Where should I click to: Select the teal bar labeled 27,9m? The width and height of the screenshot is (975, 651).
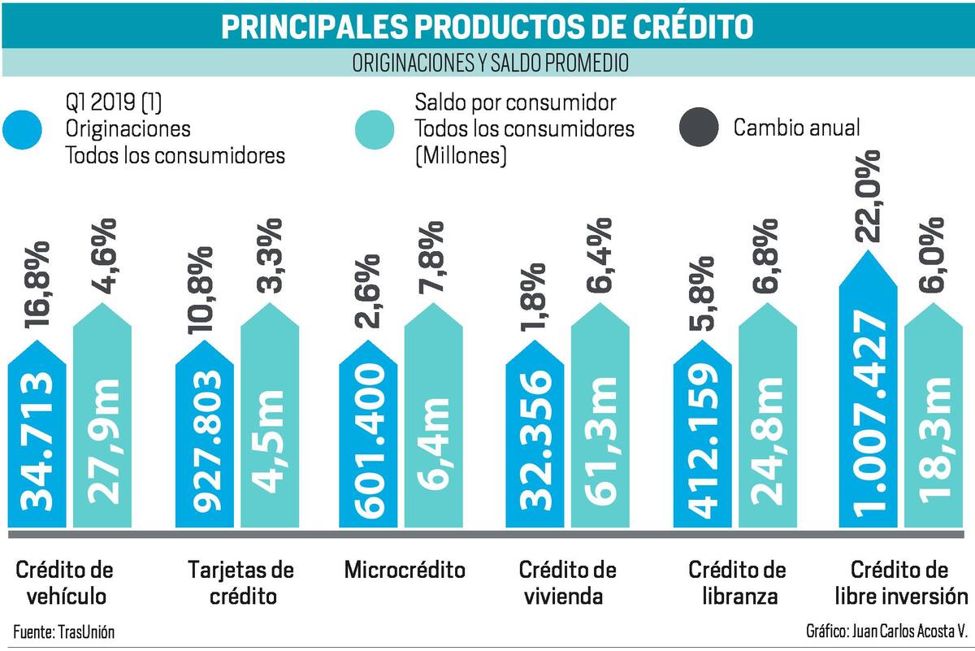[x=102, y=416]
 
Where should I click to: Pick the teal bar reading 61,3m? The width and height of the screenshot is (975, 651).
[x=600, y=416]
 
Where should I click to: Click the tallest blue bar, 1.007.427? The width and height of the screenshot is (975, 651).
[x=869, y=389]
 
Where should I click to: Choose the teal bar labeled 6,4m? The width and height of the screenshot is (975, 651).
[x=434, y=416]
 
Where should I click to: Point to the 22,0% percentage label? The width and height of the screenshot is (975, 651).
[x=867, y=196]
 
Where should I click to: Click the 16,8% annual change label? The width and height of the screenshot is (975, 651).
[x=37, y=284]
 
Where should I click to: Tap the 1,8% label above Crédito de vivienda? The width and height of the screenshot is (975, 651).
[x=534, y=297]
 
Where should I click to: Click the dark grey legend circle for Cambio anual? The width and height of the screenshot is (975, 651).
[x=699, y=127]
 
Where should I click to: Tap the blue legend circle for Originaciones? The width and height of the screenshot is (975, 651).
[x=22, y=130]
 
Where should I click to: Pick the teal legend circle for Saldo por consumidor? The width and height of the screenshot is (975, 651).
[x=375, y=130]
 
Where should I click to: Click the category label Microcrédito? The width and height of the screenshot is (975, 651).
[x=405, y=570]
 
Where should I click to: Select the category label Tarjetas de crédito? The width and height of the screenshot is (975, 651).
[x=241, y=583]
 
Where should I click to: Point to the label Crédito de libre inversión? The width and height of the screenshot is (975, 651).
[x=901, y=583]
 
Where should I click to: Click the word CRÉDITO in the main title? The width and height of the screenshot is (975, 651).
[x=693, y=27]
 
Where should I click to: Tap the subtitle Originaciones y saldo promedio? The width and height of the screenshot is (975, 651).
[x=491, y=63]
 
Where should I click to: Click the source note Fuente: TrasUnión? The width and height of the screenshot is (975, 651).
[x=64, y=632]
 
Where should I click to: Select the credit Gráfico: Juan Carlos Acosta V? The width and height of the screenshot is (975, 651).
[x=886, y=631]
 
